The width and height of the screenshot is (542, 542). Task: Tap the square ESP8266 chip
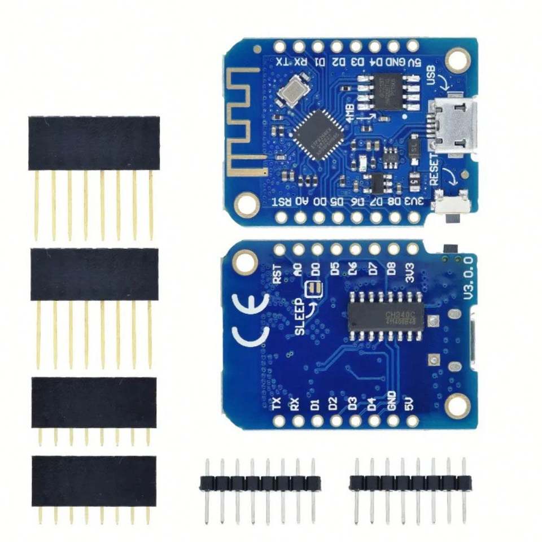(x=319, y=134)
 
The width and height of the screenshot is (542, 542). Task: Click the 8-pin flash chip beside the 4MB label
(x=386, y=90)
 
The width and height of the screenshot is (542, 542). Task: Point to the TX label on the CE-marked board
(x=277, y=403)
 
